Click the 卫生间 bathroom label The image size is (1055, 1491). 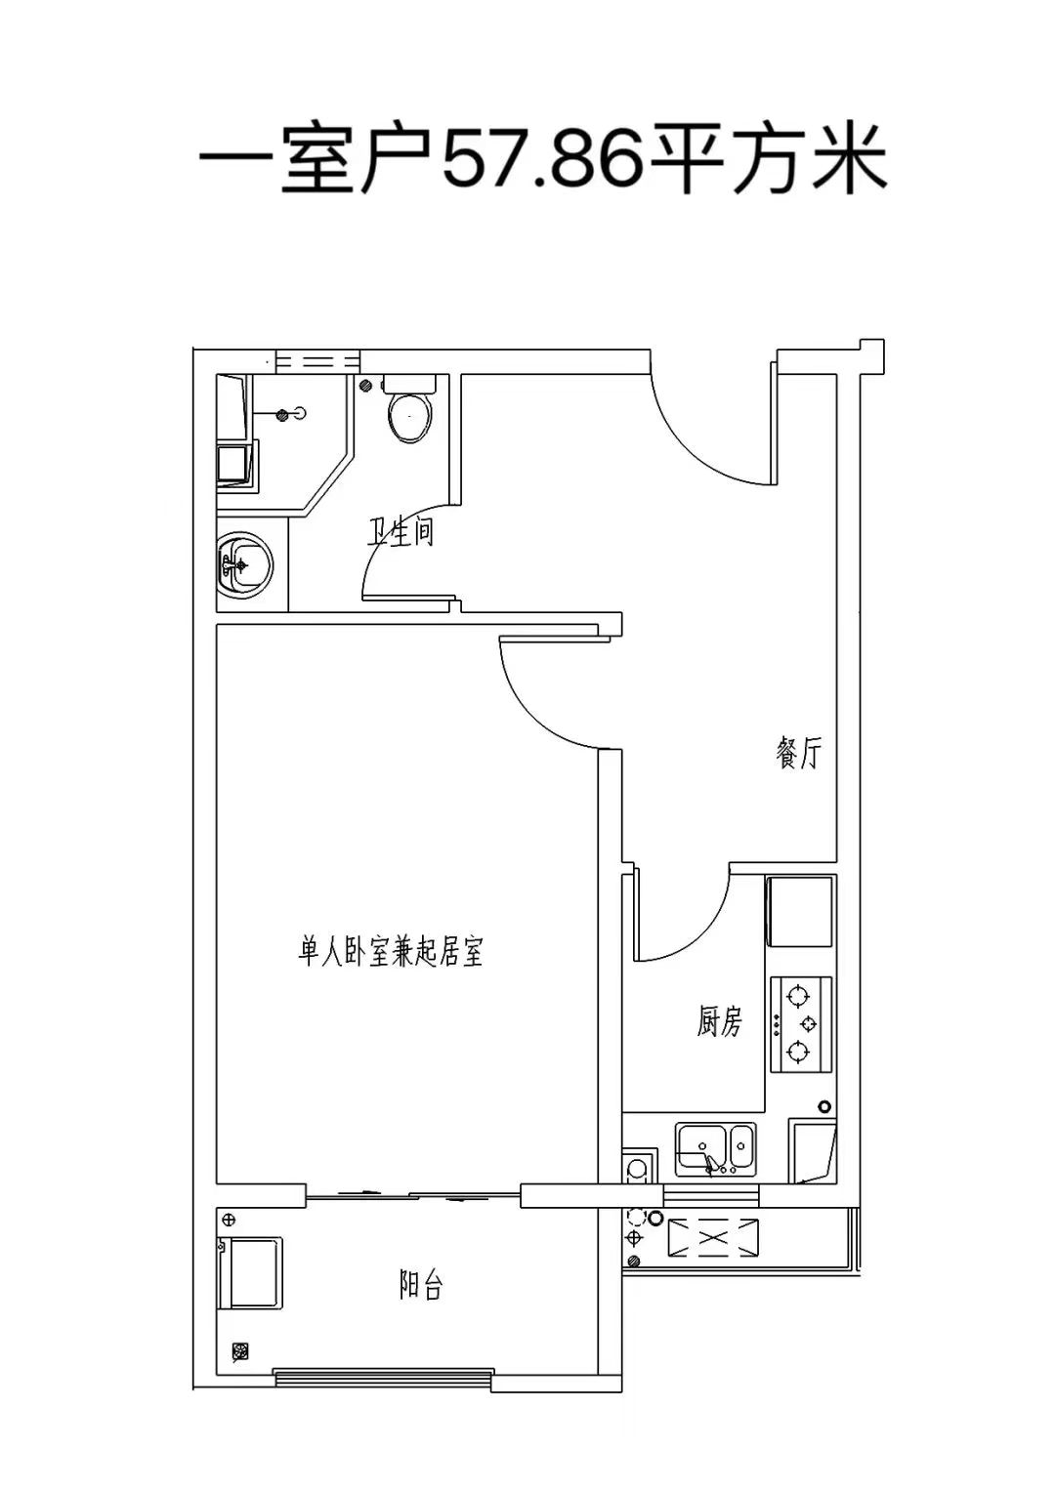coord(400,532)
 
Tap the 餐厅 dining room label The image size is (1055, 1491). coord(799,754)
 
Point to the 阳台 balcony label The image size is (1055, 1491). coord(420,1285)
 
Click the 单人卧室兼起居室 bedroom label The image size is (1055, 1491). coord(390,952)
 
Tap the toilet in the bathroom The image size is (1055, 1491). coord(410,408)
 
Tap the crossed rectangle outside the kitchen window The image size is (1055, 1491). coord(713,1238)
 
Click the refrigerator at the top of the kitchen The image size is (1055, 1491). coord(800,912)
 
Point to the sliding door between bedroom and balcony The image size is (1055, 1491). coord(413,1195)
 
